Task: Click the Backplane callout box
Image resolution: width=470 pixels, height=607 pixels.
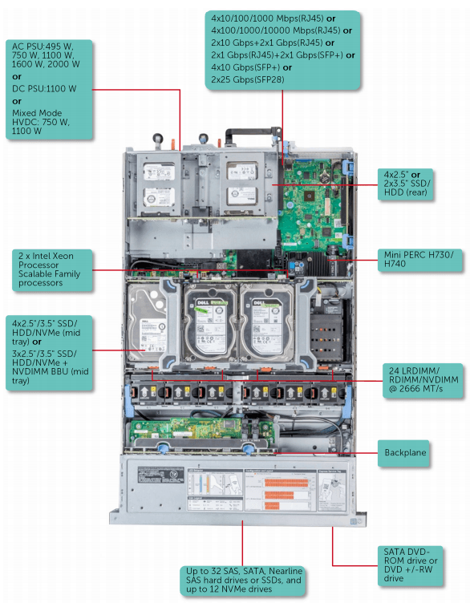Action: (405, 453)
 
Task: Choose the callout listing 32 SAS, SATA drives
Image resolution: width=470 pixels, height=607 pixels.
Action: (242, 580)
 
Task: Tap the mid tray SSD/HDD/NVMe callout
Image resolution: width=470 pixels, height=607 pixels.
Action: (48, 350)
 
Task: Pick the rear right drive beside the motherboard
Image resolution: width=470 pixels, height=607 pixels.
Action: (240, 182)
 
